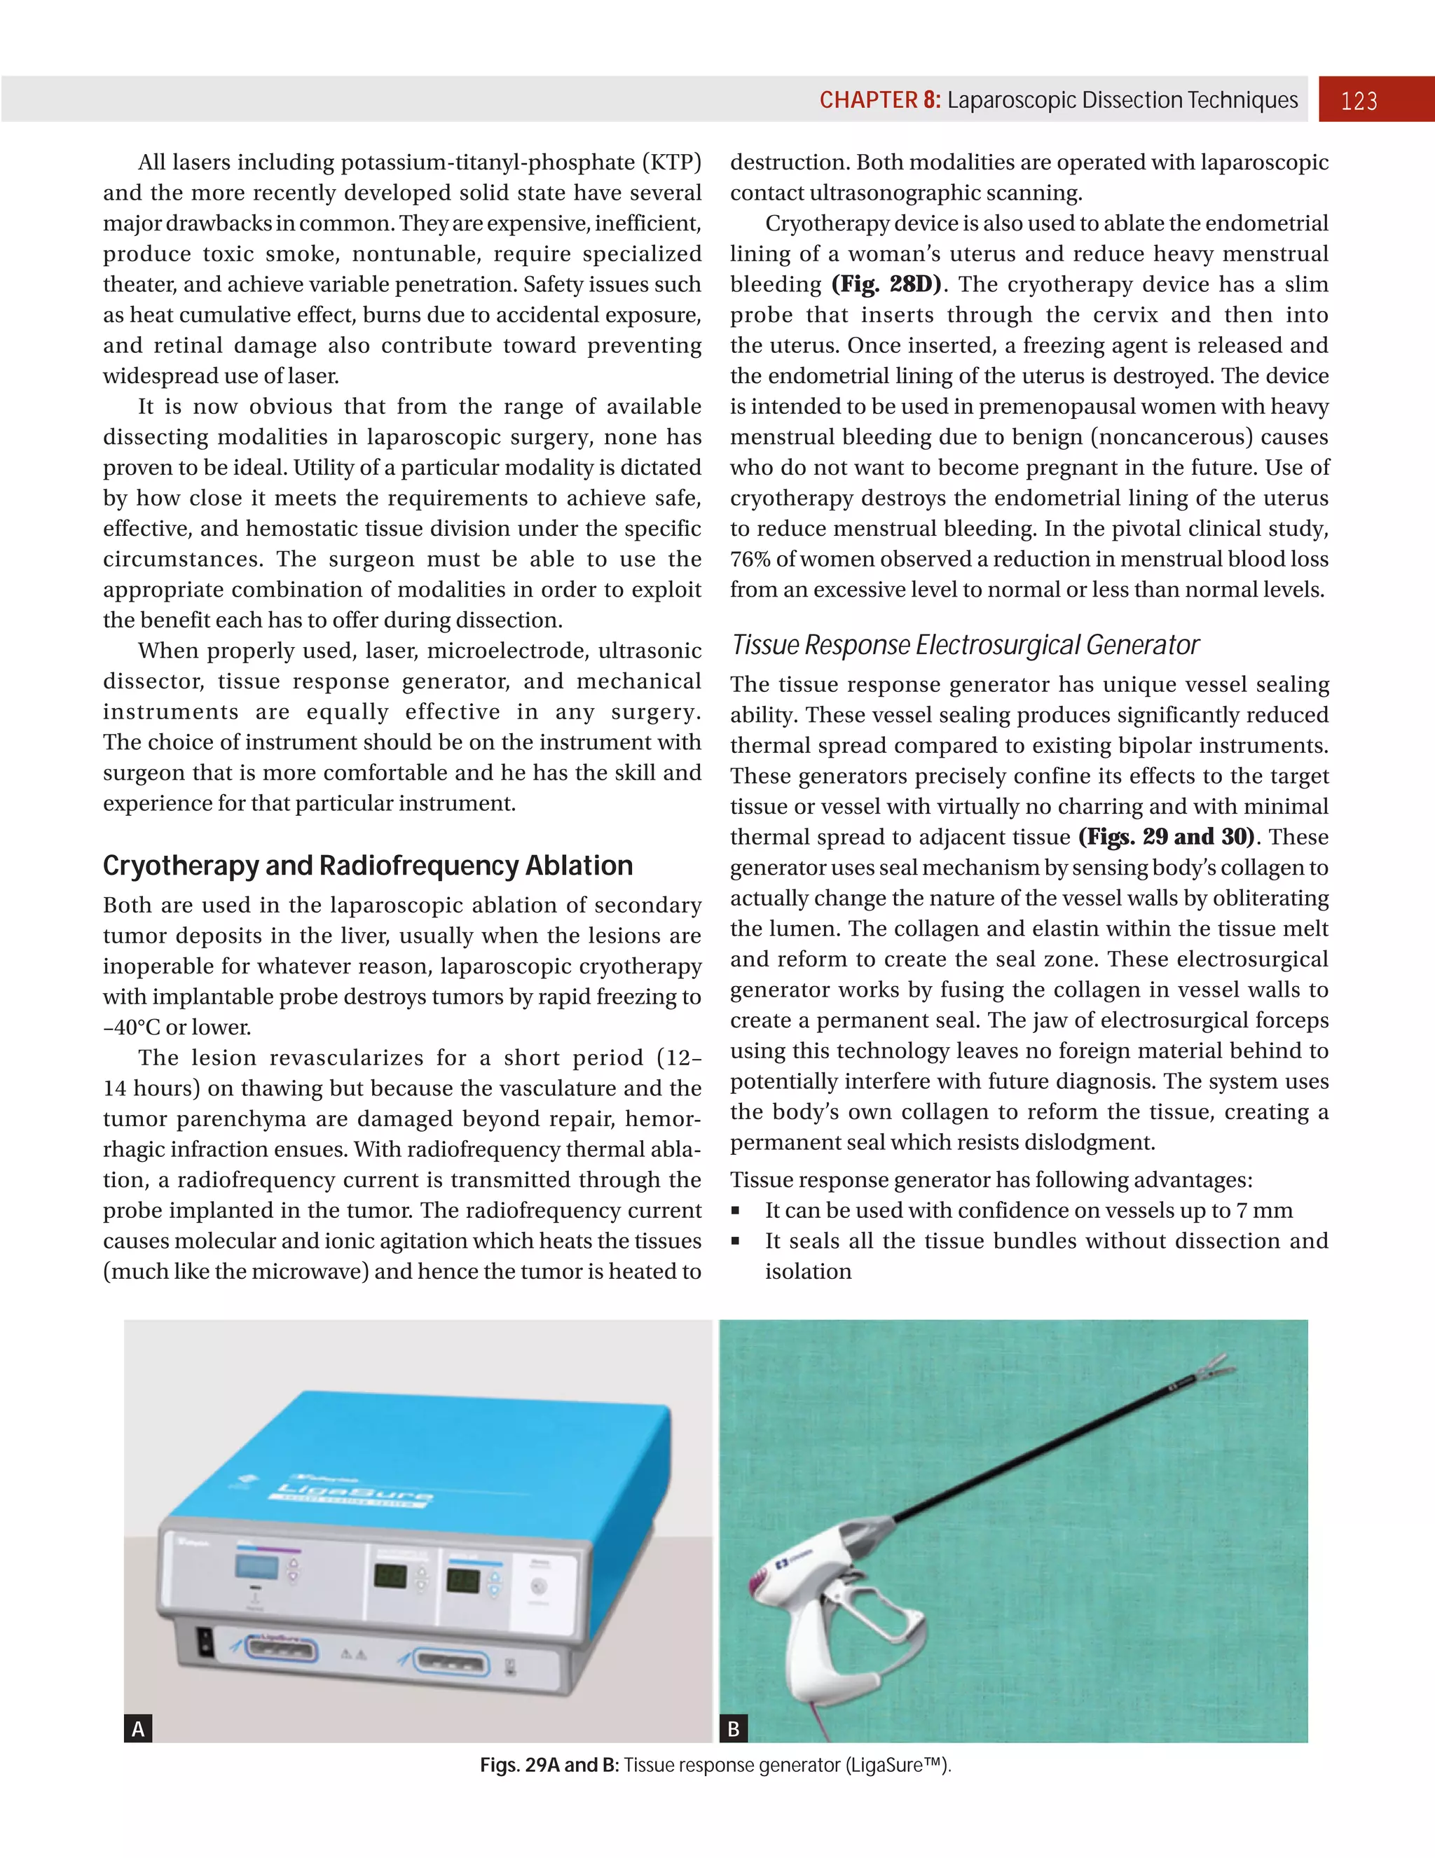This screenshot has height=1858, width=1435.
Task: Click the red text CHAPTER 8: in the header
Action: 879,100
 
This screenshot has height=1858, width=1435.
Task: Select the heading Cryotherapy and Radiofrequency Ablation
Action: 368,865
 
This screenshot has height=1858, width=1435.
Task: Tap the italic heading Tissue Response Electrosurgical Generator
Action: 964,645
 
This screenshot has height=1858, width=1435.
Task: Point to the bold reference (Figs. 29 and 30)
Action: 1166,837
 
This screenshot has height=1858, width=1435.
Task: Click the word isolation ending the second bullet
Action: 808,1272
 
